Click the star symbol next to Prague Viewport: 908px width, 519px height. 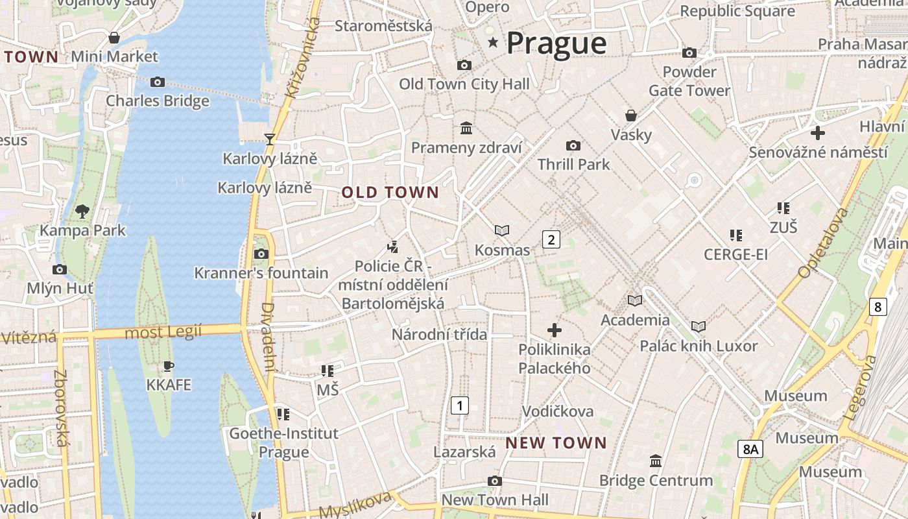coord(494,43)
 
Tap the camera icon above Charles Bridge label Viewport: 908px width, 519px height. coord(157,82)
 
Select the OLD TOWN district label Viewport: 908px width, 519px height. coord(390,193)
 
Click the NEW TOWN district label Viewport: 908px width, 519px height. coord(556,443)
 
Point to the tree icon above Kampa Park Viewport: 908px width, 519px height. coord(82,211)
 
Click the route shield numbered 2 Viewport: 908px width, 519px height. coord(551,239)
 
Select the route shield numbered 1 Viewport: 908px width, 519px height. coord(460,406)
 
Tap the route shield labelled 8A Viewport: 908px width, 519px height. coord(750,449)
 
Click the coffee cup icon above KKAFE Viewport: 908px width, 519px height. coord(169,366)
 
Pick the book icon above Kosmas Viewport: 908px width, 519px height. coord(501,230)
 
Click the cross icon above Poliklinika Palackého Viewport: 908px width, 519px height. coord(554,330)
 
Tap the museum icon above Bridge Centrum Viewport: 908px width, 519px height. coord(656,461)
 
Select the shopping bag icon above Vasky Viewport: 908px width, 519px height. coord(631,115)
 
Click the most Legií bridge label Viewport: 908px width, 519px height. coord(163,332)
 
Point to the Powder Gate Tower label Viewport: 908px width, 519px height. coord(689,81)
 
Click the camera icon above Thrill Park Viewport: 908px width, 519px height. coord(573,145)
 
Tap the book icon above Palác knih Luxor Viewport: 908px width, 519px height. coord(698,326)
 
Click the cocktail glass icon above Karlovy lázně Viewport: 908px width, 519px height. coord(270,138)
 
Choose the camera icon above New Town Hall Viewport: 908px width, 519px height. coord(495,481)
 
